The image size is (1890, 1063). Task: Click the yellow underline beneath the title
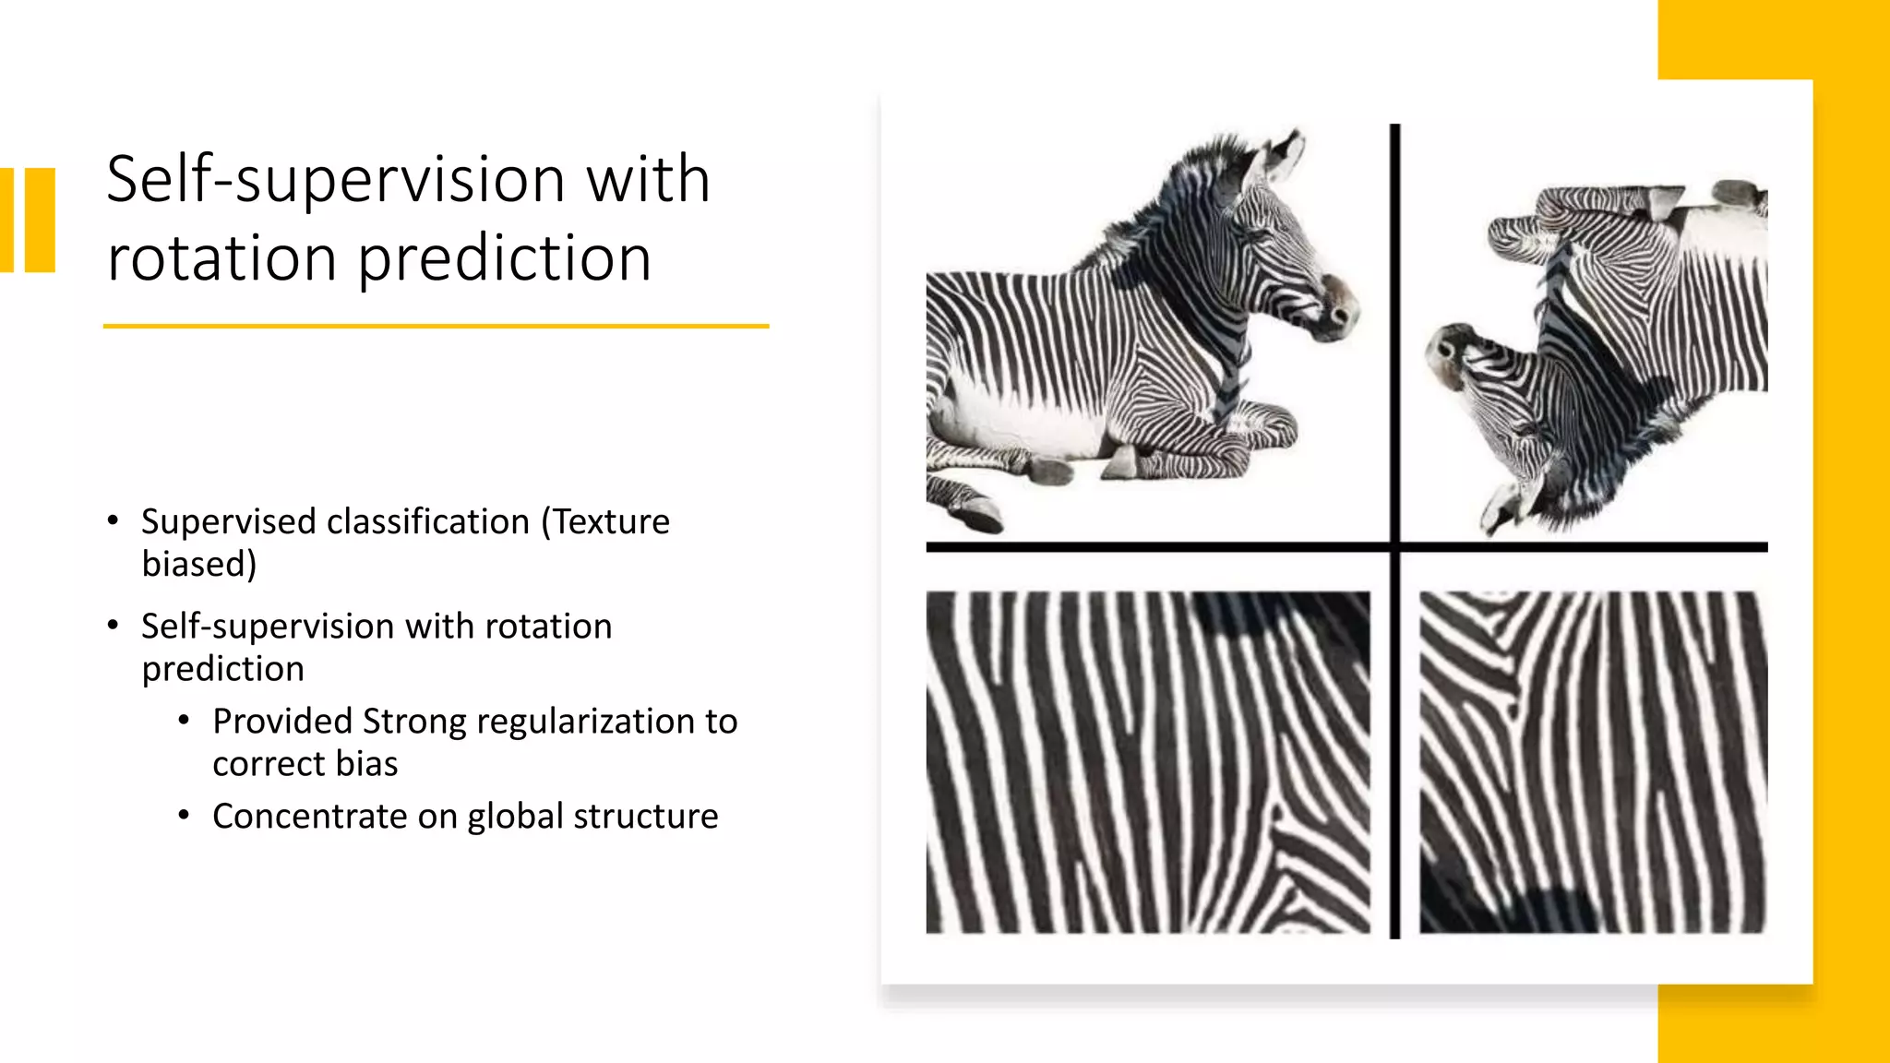[436, 326]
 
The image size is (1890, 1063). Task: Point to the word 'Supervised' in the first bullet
[228, 522]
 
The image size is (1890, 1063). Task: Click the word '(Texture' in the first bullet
[605, 522]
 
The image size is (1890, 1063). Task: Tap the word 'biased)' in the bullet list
[199, 565]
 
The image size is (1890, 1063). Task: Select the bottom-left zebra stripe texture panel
[1148, 762]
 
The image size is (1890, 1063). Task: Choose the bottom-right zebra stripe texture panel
[1593, 762]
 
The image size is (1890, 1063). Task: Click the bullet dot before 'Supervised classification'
[113, 521]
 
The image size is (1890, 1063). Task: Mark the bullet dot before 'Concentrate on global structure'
[184, 816]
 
